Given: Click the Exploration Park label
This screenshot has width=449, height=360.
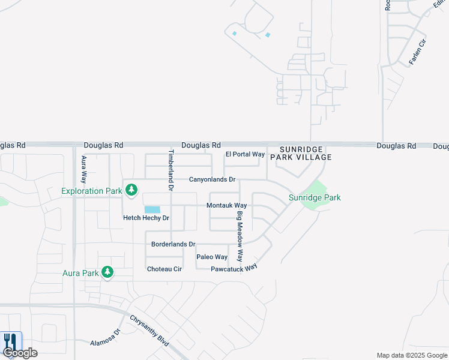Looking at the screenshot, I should point(92,191).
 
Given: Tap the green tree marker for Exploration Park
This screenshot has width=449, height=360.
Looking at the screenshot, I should point(131,191).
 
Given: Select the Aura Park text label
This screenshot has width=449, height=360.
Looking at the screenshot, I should point(80,273).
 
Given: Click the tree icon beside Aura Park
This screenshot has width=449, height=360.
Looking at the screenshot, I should point(107,272).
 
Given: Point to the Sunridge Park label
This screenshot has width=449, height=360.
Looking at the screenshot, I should point(315,197).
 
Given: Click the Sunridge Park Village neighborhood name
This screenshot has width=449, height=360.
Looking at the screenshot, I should point(301,153).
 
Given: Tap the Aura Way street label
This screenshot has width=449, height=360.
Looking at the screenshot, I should point(84,169).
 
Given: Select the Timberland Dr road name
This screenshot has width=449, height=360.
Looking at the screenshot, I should point(170,170).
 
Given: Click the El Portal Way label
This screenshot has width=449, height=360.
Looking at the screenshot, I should point(245,154).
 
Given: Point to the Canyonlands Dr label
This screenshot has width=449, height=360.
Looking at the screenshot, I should point(212,179).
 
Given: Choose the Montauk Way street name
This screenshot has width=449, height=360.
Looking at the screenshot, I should point(227,205).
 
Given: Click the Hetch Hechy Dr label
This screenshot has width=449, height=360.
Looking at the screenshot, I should point(146,218).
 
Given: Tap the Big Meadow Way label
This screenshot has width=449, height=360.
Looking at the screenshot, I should point(240,236).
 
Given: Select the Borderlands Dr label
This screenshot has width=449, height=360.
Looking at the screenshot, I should point(173,244).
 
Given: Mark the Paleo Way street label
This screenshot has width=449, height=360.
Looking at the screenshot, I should point(212,257).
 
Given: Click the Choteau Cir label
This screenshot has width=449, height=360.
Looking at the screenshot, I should point(164,269).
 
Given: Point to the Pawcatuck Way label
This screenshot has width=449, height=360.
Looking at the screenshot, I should point(234,268).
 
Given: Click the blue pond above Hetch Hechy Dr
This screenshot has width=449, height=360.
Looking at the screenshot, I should point(152,209).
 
